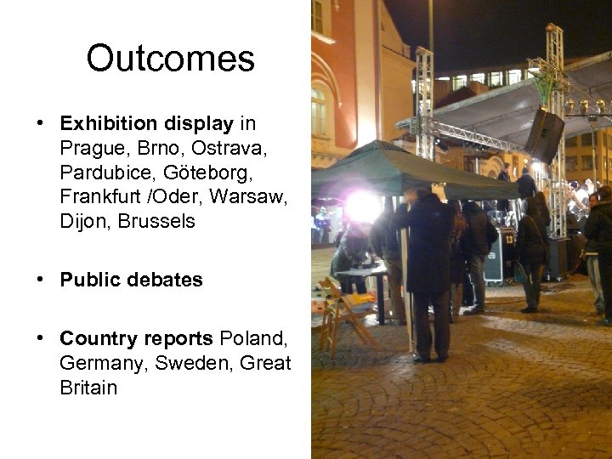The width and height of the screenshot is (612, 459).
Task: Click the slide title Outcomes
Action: [170, 59]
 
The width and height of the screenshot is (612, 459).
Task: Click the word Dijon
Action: [84, 222]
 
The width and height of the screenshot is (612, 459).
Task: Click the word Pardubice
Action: [100, 173]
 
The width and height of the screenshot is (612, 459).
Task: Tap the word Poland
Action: [253, 338]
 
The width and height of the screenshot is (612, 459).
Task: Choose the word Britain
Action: [88, 388]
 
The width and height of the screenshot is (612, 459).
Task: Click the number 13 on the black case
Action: [496, 245]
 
